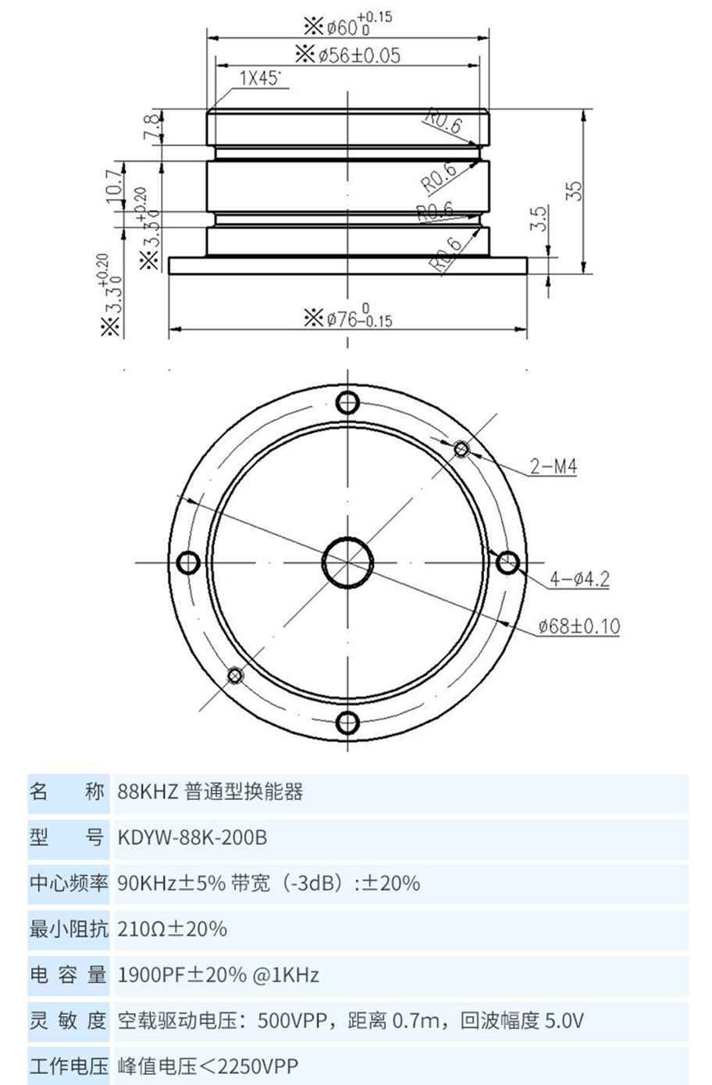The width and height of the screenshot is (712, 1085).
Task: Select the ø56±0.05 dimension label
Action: pyautogui.click(x=348, y=55)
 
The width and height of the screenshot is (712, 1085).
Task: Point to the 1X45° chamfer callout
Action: pyautogui.click(x=260, y=79)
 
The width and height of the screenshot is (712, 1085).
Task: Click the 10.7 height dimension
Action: pyautogui.click(x=113, y=185)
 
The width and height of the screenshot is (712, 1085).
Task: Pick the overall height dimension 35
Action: pyautogui.click(x=574, y=191)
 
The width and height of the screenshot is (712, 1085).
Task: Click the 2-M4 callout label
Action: pyautogui.click(x=553, y=467)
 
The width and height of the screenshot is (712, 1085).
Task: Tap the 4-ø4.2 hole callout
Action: pyautogui.click(x=579, y=579)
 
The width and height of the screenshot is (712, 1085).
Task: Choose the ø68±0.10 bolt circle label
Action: pyautogui.click(x=578, y=626)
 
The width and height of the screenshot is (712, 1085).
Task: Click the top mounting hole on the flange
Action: pyautogui.click(x=347, y=403)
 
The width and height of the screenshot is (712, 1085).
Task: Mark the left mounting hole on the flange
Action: pyautogui.click(x=189, y=562)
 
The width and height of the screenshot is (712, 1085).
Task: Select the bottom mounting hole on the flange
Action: pyautogui.click(x=347, y=722)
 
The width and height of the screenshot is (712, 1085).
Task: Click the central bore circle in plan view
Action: pyautogui.click(x=347, y=562)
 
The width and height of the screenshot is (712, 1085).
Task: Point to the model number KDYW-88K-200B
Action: pyautogui.click(x=192, y=837)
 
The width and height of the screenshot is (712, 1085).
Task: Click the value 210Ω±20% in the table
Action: pyautogui.click(x=172, y=929)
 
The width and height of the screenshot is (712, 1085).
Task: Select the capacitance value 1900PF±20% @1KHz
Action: pyautogui.click(x=218, y=975)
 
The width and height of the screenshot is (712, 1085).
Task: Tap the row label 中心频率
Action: pyautogui.click(x=68, y=883)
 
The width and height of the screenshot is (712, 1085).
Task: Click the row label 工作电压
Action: pyautogui.click(x=68, y=1065)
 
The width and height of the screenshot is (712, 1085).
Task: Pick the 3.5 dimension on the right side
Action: pyautogui.click(x=537, y=219)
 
